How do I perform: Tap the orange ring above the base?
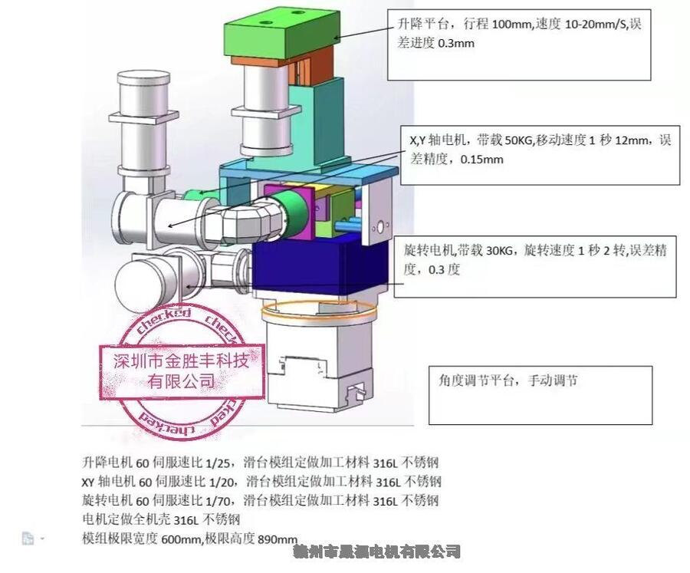(318, 311)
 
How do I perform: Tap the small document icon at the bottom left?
(28, 538)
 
